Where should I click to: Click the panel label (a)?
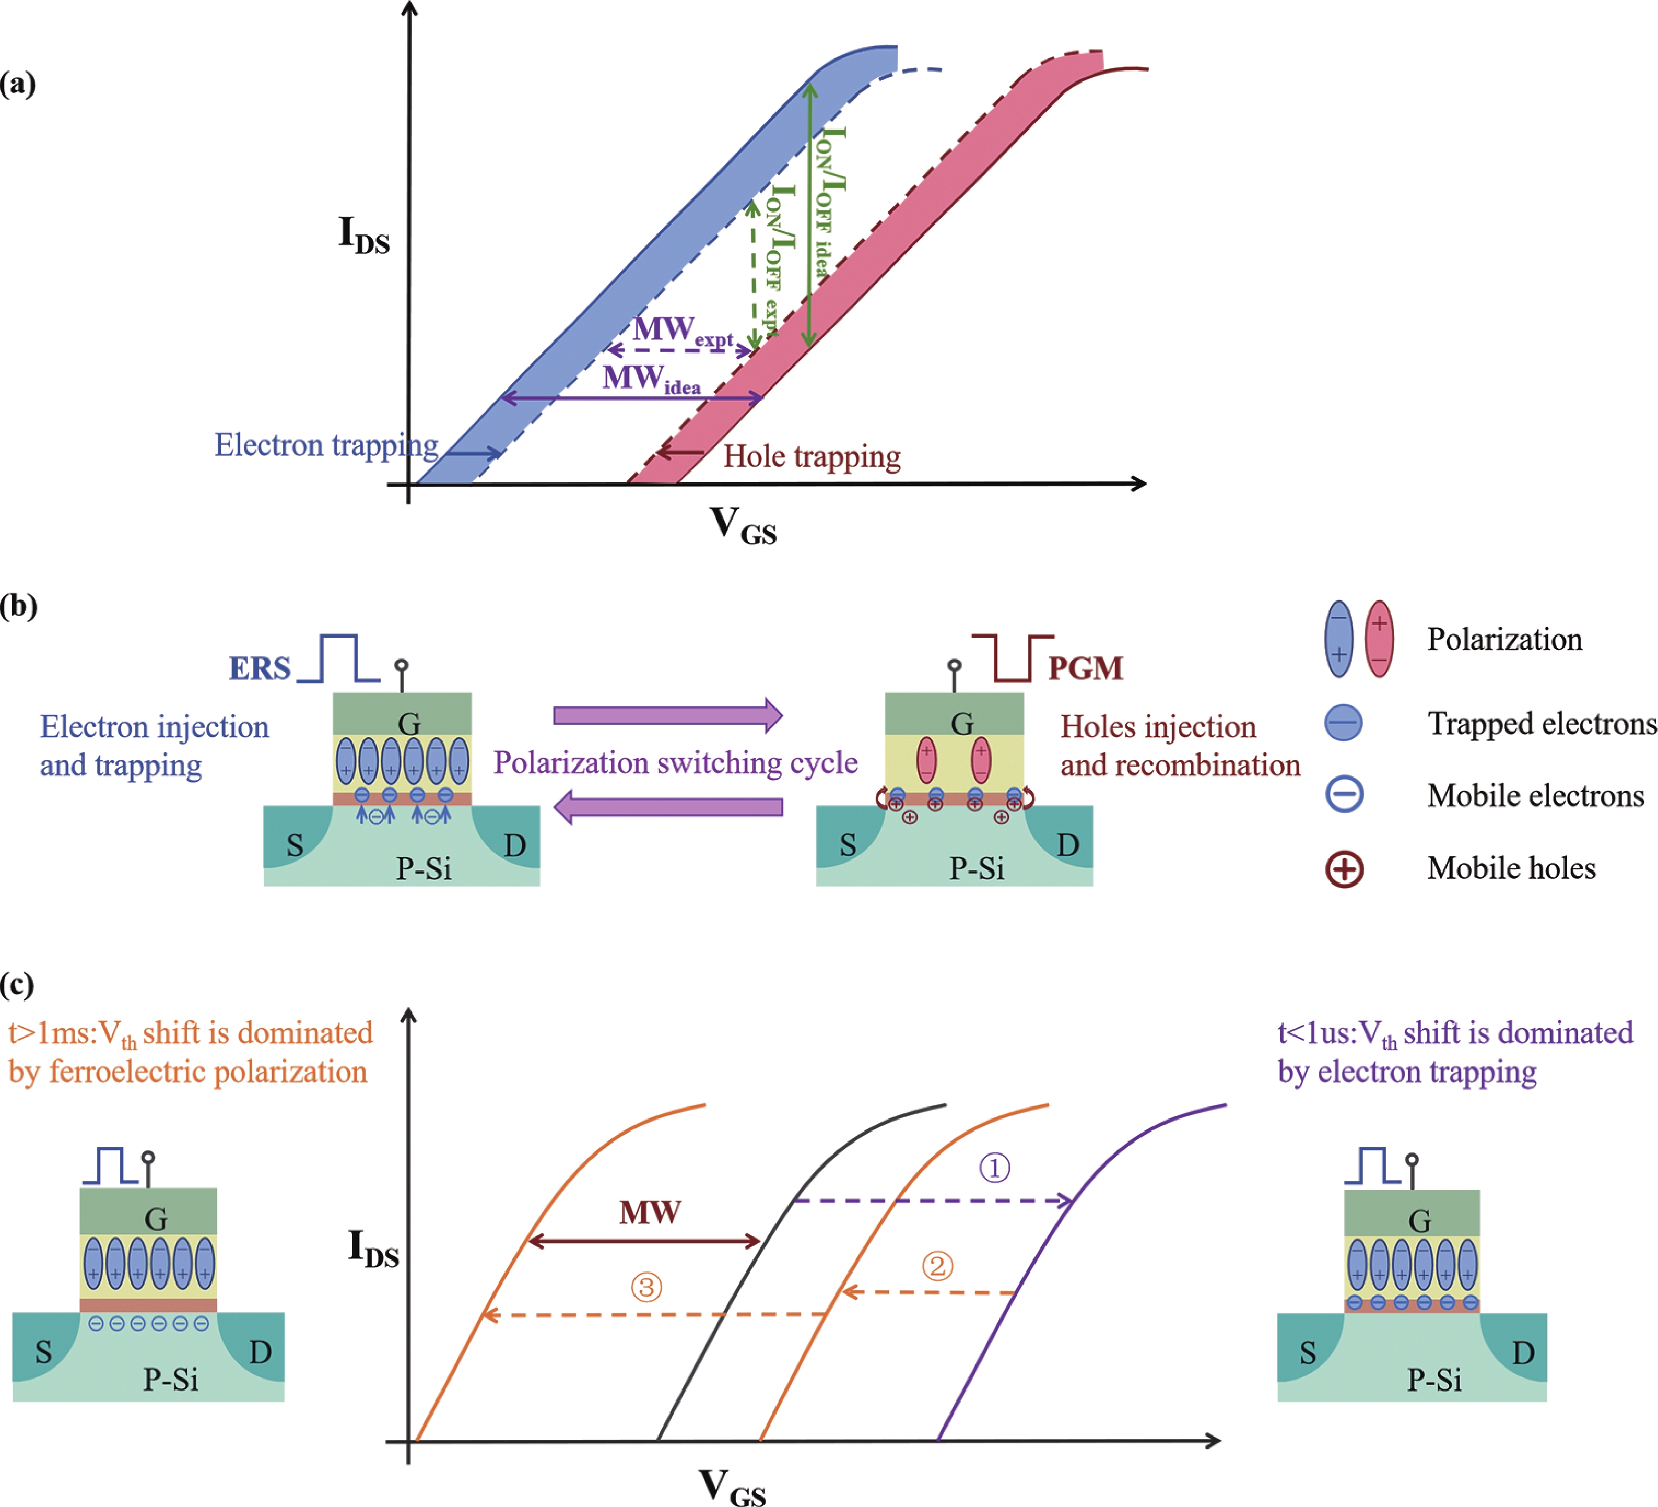(x=17, y=84)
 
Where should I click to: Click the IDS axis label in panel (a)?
(x=364, y=234)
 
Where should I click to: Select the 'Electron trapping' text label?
(x=326, y=445)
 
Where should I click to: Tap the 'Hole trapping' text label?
(x=812, y=456)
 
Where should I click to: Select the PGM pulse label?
(x=1085, y=668)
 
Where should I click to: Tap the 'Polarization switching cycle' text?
(x=675, y=763)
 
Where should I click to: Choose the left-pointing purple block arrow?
(x=668, y=807)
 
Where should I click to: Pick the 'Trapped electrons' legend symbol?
(x=1343, y=723)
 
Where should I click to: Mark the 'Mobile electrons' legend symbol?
(x=1344, y=795)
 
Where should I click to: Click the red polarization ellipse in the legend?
(x=1379, y=638)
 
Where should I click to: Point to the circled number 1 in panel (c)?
(x=994, y=1168)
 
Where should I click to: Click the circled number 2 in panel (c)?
(x=937, y=1266)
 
